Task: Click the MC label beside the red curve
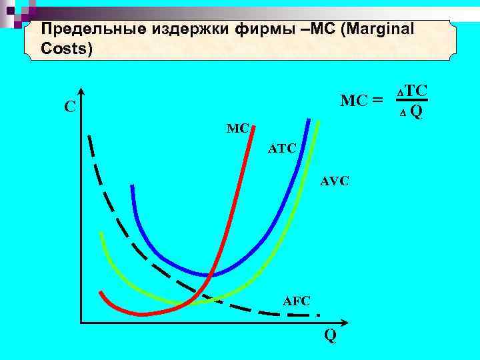[x=237, y=127]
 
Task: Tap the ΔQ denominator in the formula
[x=411, y=111]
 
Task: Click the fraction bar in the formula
[x=411, y=101]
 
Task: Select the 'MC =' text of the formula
[x=362, y=101]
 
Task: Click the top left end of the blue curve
[x=133, y=186]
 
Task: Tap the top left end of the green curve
[x=100, y=233]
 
